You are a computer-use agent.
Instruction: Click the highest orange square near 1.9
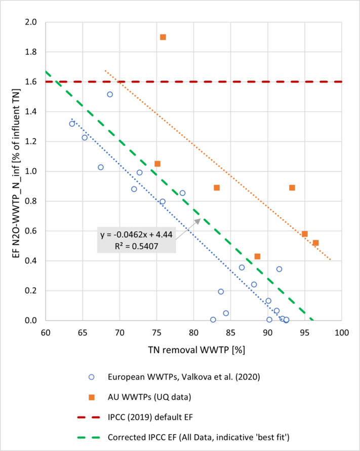pyautogui.click(x=163, y=37)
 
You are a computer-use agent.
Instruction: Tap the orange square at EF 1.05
pyautogui.click(x=157, y=164)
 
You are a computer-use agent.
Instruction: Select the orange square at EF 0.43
pyautogui.click(x=257, y=256)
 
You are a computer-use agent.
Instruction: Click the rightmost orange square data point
pyautogui.click(x=316, y=243)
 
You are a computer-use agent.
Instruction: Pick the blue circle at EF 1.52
pyautogui.click(x=110, y=94)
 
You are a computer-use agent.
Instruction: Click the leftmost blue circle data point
pyautogui.click(x=72, y=124)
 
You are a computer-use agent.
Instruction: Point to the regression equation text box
pyautogui.click(x=137, y=239)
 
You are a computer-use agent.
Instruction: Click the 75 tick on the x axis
pyautogui.click(x=156, y=333)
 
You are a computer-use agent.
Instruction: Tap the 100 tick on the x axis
pyautogui.click(x=342, y=333)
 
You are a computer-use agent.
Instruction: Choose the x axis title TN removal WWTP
pyautogui.click(x=192, y=350)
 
